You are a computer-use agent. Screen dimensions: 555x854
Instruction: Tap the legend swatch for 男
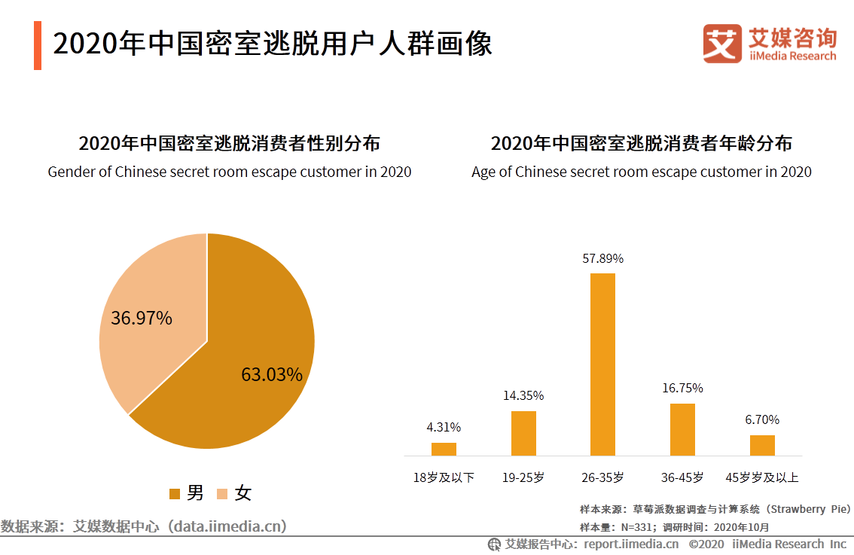[x=175, y=494]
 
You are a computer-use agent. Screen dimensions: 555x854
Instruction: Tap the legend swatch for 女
[x=222, y=494]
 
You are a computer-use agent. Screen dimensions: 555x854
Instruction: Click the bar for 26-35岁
[x=602, y=364]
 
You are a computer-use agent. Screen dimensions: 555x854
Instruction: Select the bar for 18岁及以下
[x=444, y=449]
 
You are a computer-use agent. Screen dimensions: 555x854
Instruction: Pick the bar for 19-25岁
[x=523, y=433]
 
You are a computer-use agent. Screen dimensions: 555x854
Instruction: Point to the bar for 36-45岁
[x=682, y=429]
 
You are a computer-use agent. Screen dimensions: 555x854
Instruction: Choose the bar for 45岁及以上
[x=762, y=445]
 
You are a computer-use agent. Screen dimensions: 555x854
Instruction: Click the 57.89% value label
[x=602, y=258]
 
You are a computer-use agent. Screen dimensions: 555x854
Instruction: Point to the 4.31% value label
[x=444, y=427]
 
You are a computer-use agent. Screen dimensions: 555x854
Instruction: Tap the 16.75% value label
[x=682, y=388]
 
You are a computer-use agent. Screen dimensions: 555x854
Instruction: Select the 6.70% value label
[x=762, y=419]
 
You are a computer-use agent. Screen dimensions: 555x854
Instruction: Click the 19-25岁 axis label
[x=523, y=477]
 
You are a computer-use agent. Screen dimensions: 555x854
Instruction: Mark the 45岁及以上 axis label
[x=762, y=477]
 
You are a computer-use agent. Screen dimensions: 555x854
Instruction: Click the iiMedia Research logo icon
[x=722, y=43]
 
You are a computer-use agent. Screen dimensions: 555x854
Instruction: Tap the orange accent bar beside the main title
[x=38, y=45]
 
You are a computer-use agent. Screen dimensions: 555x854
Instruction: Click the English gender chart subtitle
[x=230, y=172]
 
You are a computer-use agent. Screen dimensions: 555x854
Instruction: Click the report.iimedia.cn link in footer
[x=631, y=544]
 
